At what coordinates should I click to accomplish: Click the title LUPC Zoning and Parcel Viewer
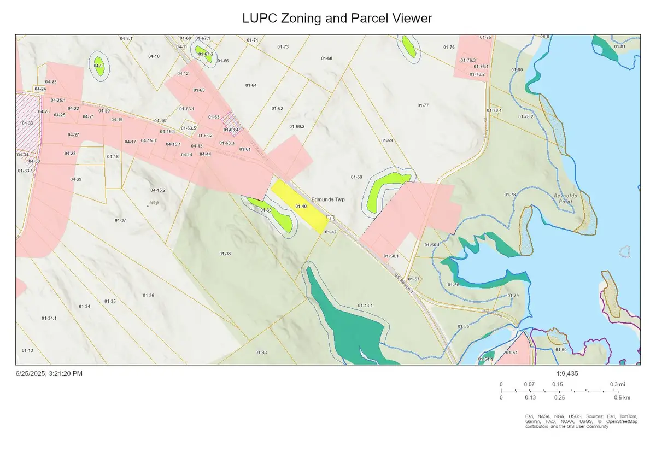point(337,19)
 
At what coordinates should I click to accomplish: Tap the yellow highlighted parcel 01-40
point(298,206)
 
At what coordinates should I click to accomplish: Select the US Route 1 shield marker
point(330,218)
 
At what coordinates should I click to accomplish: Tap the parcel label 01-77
point(423,105)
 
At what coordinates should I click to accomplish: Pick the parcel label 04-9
point(98,66)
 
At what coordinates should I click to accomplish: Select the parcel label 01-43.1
point(365,305)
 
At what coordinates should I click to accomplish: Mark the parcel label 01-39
point(266,210)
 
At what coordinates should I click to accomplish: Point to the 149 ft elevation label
point(153,203)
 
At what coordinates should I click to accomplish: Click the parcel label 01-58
point(356,177)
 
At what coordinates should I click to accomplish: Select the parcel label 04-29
point(75,179)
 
